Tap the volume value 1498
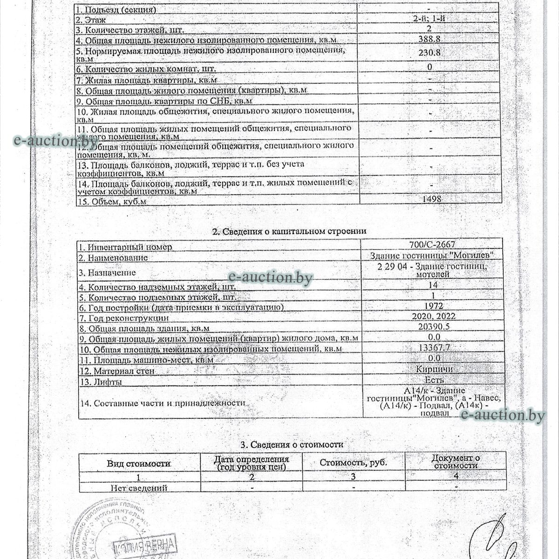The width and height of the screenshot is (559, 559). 432,198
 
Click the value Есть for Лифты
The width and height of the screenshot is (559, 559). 434,380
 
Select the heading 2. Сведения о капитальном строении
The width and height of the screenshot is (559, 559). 289,231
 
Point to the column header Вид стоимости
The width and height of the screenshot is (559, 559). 139,464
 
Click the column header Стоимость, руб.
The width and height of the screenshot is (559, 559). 354,463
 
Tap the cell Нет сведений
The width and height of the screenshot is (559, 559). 139,488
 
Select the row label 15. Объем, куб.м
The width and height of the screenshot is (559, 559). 112,202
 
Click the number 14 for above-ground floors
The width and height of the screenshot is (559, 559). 431,285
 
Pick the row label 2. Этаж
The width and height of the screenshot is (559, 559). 92,20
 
